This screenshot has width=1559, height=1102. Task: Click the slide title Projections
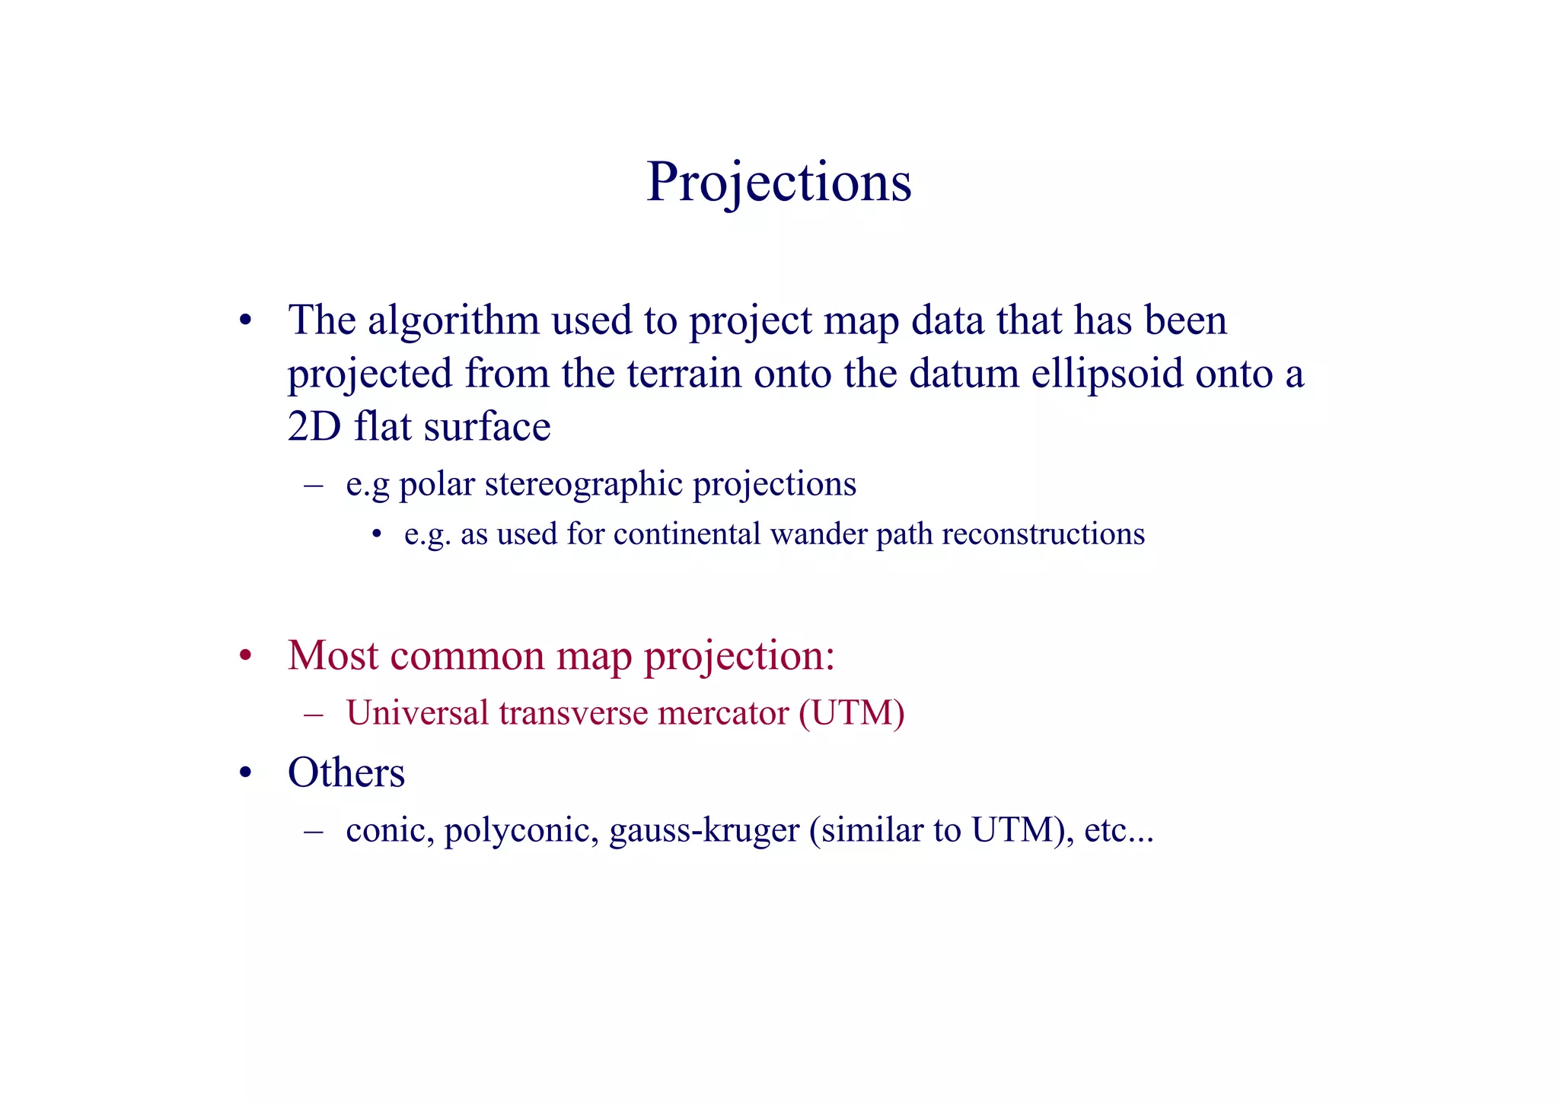click(778, 183)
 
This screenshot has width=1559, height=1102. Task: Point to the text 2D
click(314, 426)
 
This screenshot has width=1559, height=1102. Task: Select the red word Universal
click(417, 713)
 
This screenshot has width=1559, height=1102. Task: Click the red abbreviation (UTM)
click(851, 713)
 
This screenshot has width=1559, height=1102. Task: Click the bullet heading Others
click(346, 772)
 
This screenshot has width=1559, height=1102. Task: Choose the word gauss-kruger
click(704, 830)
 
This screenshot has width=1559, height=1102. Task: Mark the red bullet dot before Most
click(245, 656)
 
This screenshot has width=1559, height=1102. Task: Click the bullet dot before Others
click(245, 774)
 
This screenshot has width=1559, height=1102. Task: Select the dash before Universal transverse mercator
click(314, 714)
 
